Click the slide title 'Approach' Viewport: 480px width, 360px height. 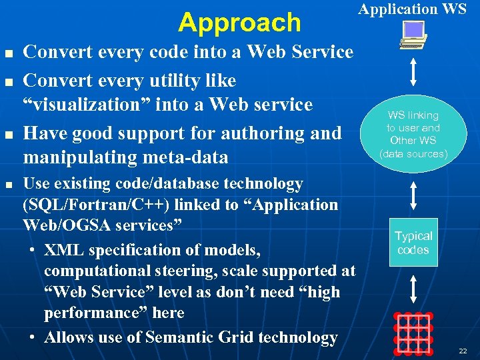239,23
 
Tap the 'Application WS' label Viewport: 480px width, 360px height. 413,9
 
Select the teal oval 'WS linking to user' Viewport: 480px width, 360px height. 413,134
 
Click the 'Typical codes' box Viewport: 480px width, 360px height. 413,243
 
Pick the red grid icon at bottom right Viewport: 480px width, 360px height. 413,331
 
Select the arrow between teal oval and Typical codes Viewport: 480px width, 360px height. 413,195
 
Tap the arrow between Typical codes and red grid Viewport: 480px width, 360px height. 413,291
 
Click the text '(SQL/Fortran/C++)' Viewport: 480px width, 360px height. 85,205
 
